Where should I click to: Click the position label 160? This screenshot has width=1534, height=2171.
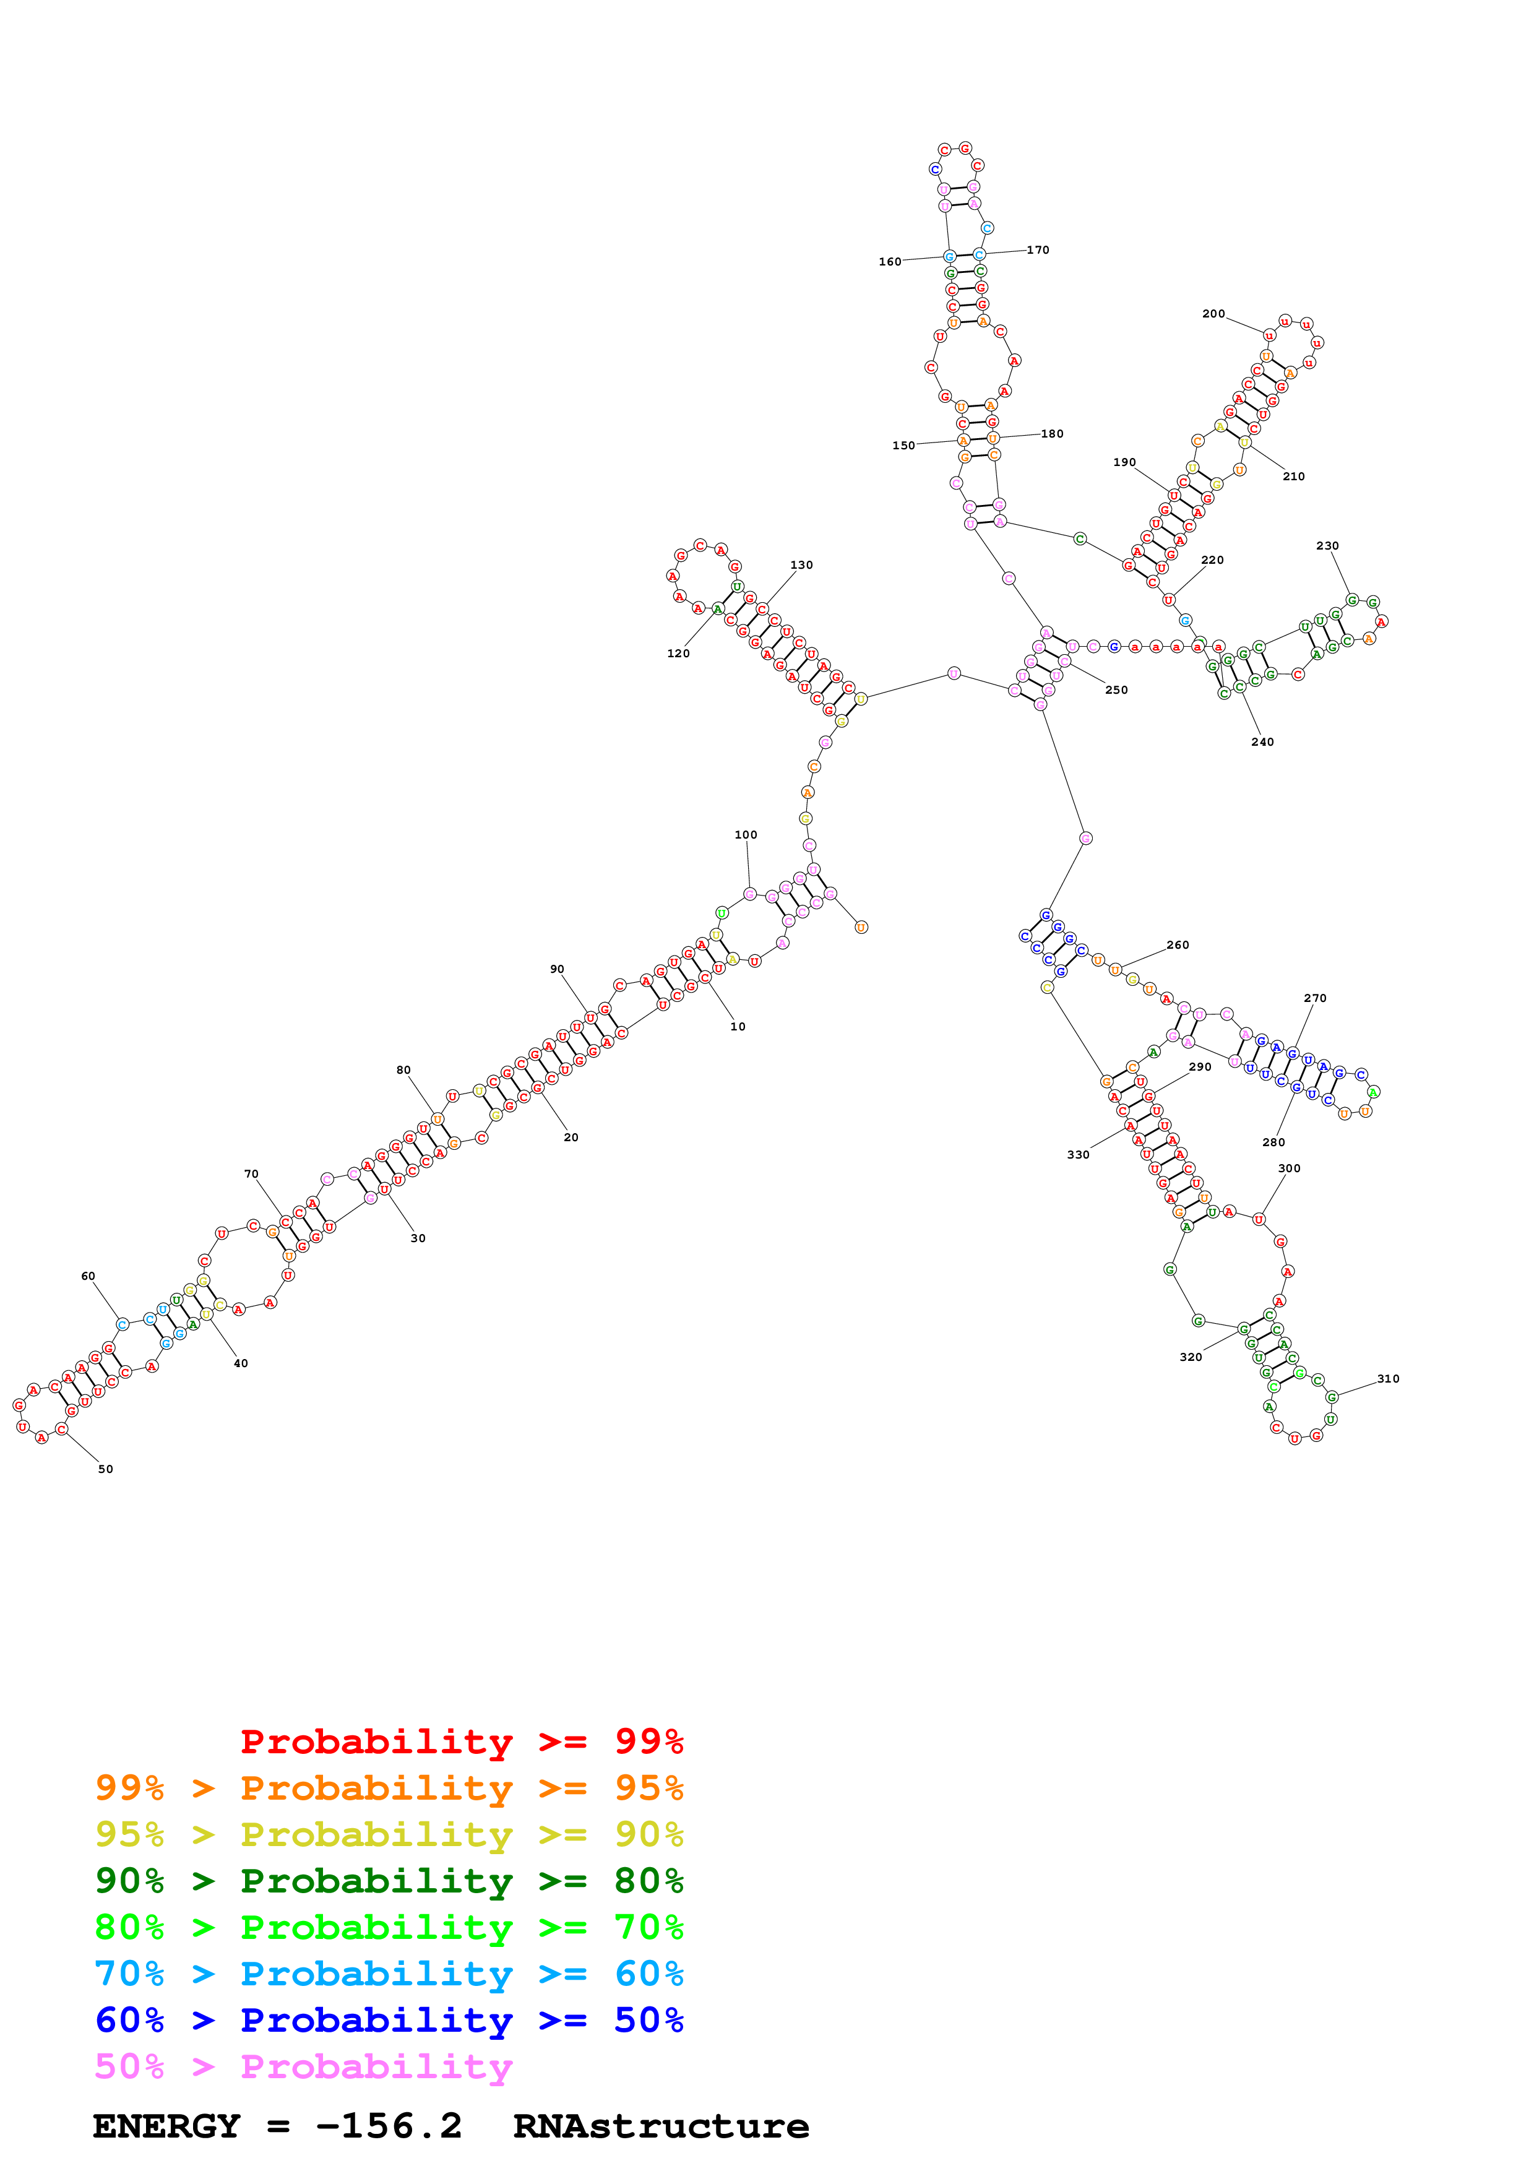point(889,262)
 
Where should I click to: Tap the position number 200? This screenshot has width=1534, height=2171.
point(1213,314)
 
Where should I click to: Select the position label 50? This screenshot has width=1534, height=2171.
point(105,1469)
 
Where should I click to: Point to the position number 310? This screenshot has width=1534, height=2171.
point(1387,1379)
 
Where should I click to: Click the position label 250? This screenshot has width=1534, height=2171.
point(1116,690)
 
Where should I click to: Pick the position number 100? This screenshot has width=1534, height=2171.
point(746,835)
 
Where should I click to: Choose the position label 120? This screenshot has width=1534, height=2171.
point(678,654)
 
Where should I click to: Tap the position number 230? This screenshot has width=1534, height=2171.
point(1327,546)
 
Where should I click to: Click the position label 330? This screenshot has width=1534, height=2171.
point(1077,1155)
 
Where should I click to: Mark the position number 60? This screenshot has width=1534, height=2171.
point(88,1275)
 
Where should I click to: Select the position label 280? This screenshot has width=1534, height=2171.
point(1273,1142)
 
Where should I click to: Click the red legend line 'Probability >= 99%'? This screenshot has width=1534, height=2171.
point(461,1741)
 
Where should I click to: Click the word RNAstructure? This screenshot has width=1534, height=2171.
point(661,2126)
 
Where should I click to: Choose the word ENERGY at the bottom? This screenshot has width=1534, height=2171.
point(166,2126)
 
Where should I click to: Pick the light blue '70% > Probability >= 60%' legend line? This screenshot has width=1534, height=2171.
point(389,1974)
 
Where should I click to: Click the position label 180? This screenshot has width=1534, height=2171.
point(1052,434)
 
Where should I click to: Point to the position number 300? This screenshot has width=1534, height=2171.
point(1288,1168)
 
